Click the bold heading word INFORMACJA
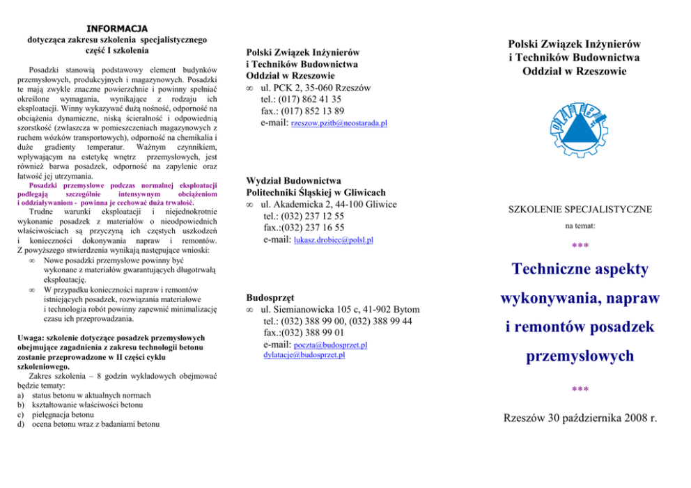(116, 29)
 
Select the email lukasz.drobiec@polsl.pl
(334, 240)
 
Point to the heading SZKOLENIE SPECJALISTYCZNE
(580, 209)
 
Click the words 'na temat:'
(580, 226)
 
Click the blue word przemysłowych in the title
(580, 356)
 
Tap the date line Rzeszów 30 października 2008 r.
(580, 418)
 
